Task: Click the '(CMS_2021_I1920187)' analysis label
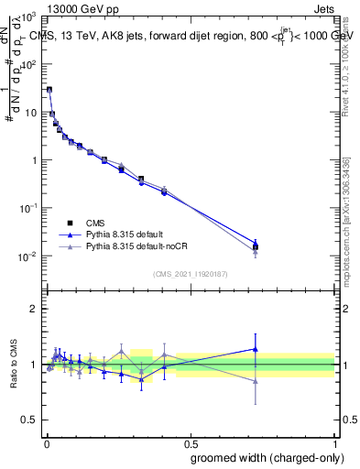click(x=189, y=273)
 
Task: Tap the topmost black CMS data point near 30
click(x=49, y=90)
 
